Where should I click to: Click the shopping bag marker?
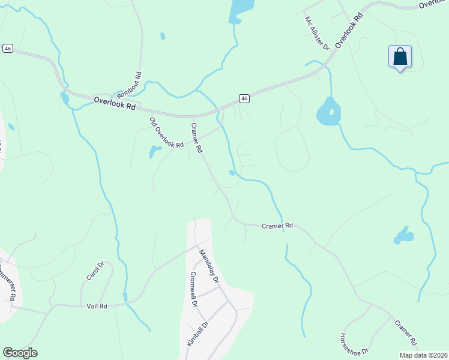click(x=400, y=58)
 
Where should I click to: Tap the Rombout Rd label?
click(x=129, y=85)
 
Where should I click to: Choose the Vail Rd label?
click(x=97, y=306)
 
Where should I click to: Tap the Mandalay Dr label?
click(x=209, y=266)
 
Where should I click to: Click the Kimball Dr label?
click(x=196, y=334)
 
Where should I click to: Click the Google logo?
click(x=20, y=353)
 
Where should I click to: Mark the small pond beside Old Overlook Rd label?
click(x=155, y=151)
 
